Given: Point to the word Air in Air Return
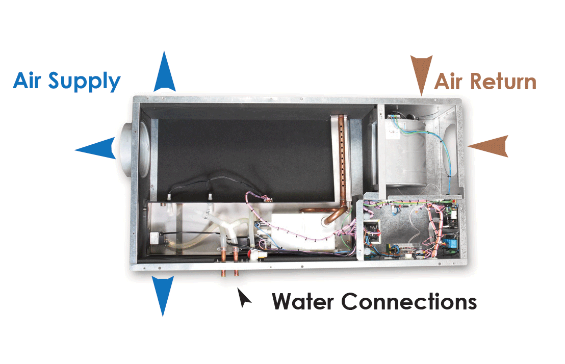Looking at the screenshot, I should (449, 82).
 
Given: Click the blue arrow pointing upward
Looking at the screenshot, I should (164, 74).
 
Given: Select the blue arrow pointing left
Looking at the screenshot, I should (97, 148).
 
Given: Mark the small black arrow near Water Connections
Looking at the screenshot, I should (244, 298).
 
